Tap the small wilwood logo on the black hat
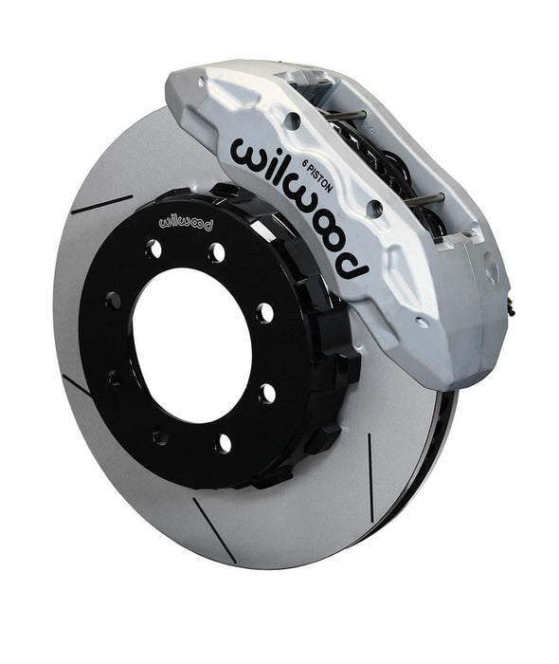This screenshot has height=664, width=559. point(186,222)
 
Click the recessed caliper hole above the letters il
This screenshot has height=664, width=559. point(293,120)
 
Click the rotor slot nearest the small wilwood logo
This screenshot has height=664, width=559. point(102,205)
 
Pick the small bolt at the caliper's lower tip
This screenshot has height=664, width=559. point(420,322)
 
